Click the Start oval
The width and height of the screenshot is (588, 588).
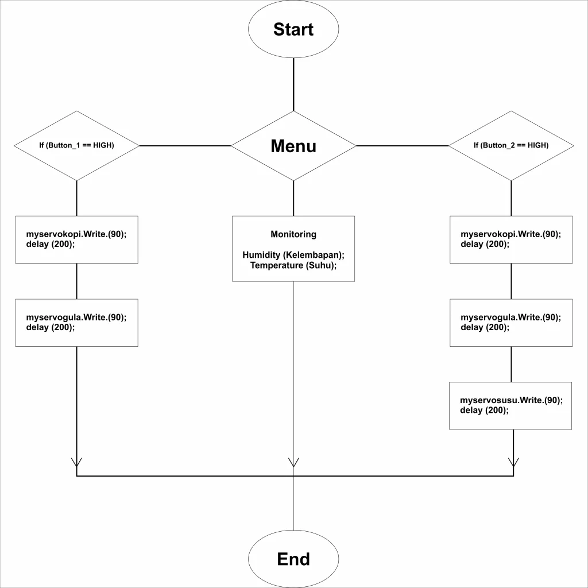pos(293,29)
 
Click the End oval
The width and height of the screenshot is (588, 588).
pos(293,559)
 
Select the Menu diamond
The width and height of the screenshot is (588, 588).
pos(293,146)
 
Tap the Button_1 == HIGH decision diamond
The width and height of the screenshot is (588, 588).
pos(76,146)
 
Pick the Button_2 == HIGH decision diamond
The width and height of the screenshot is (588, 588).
pos(511,146)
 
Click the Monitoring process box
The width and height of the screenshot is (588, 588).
pos(293,249)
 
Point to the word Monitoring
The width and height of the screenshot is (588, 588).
pos(293,234)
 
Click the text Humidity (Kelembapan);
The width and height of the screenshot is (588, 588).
pos(293,255)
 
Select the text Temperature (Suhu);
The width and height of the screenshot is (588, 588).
pos(293,265)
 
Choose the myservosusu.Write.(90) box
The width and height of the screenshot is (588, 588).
pos(510,406)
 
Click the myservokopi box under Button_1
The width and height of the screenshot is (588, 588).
pos(76,239)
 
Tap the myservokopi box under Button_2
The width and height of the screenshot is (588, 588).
pos(511,239)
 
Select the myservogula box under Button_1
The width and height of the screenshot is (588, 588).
pos(76,323)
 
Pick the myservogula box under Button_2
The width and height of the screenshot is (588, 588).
pos(511,323)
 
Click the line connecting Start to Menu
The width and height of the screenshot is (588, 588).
pos(293,84)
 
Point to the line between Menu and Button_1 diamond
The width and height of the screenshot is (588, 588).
pos(185,146)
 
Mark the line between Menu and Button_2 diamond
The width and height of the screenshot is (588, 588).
pos(403,146)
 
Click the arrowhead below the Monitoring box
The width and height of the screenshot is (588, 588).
pos(293,462)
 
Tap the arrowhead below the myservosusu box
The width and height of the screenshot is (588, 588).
pos(513,462)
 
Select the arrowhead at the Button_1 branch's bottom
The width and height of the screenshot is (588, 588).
pos(76,462)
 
